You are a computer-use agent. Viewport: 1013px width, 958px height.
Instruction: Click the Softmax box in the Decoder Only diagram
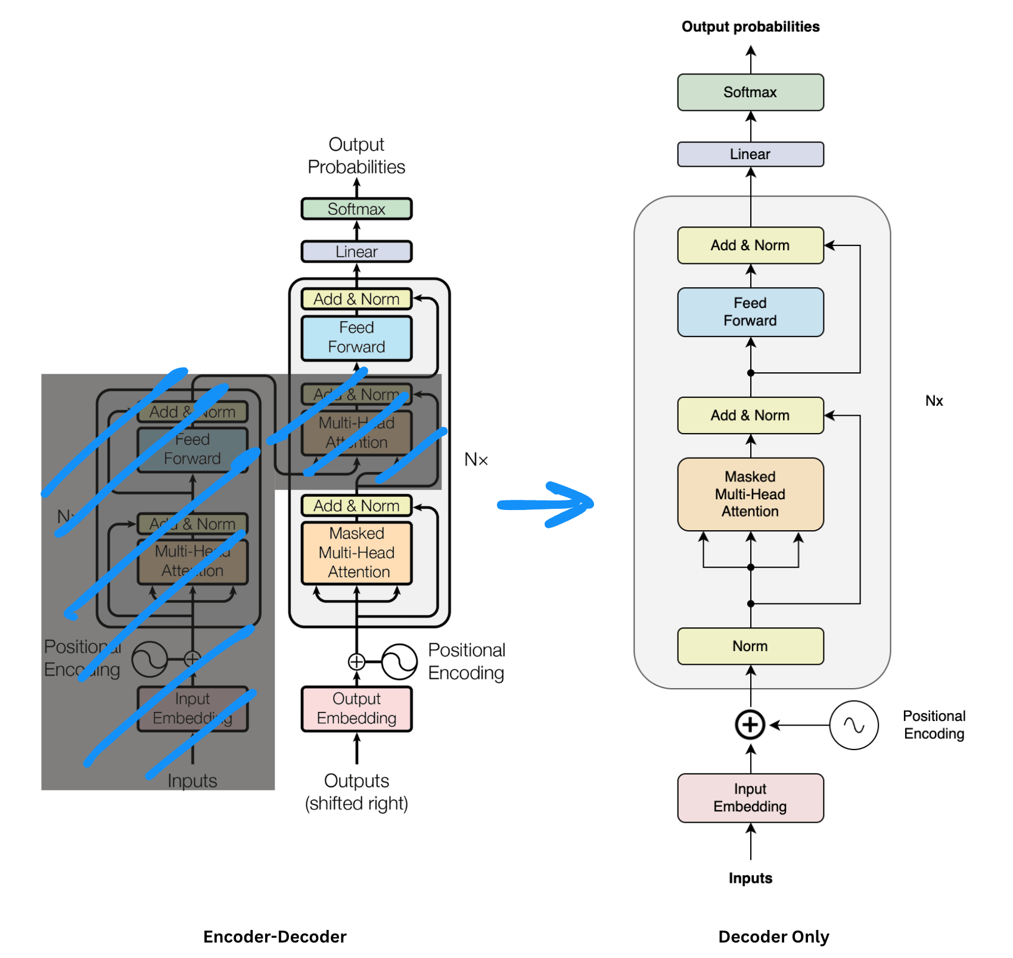tap(750, 92)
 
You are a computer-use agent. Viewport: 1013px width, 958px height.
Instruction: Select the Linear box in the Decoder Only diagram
tap(750, 154)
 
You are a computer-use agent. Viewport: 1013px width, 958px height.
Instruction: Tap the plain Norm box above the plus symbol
tap(750, 646)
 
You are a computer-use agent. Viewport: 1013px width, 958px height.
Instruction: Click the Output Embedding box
tap(356, 709)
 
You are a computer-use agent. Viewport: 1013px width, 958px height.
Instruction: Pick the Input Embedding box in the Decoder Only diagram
tap(750, 798)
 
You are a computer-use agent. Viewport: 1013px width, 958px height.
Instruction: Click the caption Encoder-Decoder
tap(275, 937)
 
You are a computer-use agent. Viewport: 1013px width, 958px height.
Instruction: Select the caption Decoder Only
tap(773, 937)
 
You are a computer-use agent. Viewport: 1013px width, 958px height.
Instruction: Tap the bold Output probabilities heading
tap(750, 27)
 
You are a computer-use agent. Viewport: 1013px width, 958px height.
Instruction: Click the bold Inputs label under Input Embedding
tap(750, 878)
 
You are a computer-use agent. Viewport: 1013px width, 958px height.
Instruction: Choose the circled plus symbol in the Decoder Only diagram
tap(750, 725)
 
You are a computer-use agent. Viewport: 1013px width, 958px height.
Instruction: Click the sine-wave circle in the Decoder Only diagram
tap(854, 725)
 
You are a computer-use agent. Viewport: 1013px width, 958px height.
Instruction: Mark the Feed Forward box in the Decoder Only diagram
tap(750, 312)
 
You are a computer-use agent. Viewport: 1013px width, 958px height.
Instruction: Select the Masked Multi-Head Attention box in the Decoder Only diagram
tap(750, 494)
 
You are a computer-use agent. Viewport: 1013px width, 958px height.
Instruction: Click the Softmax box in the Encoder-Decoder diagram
tap(356, 209)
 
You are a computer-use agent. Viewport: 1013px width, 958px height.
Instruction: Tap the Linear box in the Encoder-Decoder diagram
tap(356, 251)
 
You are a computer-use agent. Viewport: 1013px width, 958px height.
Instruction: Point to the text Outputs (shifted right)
tap(356, 792)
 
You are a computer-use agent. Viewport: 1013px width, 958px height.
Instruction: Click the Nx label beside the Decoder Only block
tap(934, 401)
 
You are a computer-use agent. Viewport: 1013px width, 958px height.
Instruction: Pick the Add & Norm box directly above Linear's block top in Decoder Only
tap(750, 245)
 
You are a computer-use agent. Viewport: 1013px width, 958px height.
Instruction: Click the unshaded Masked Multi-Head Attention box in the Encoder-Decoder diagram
tap(356, 553)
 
